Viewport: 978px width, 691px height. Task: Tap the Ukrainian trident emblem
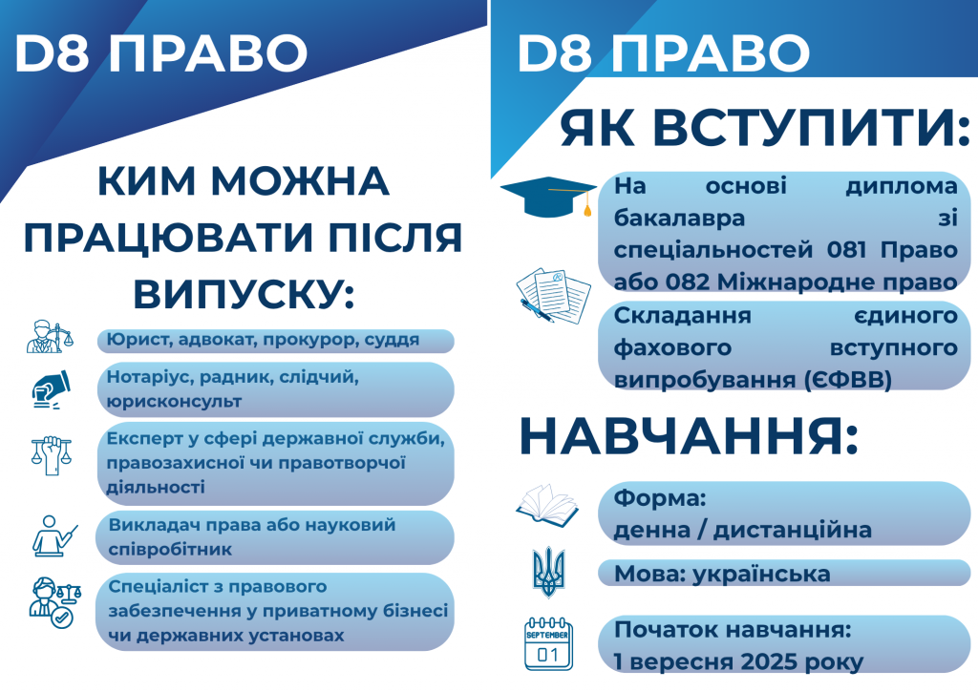[549, 572]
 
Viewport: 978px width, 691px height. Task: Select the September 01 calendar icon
[548, 644]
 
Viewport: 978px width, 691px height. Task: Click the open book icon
[547, 503]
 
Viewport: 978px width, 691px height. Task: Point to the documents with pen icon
[553, 295]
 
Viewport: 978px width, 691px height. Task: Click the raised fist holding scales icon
[52, 455]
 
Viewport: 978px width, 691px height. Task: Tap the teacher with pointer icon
[54, 535]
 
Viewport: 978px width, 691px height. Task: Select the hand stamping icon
[52, 390]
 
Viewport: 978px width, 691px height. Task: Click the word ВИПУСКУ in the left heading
[244, 293]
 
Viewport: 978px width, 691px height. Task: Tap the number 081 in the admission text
[846, 250]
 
